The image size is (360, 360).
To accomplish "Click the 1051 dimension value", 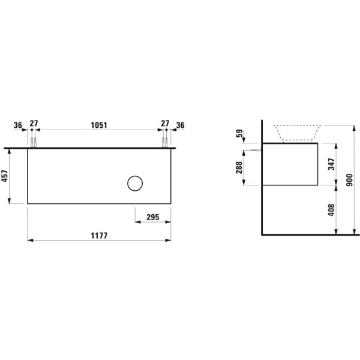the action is click(x=99, y=125).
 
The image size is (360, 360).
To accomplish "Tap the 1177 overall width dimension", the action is click(x=99, y=236).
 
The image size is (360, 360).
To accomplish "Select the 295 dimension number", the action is click(x=152, y=217).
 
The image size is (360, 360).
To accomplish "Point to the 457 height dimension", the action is click(x=5, y=176).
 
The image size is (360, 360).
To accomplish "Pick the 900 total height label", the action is click(x=349, y=180).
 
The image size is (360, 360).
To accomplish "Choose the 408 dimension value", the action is click(x=331, y=210).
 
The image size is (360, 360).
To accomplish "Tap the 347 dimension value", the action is click(x=331, y=164).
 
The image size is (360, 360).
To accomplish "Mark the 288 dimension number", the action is click(x=239, y=167).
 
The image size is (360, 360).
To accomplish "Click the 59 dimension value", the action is click(x=239, y=133).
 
